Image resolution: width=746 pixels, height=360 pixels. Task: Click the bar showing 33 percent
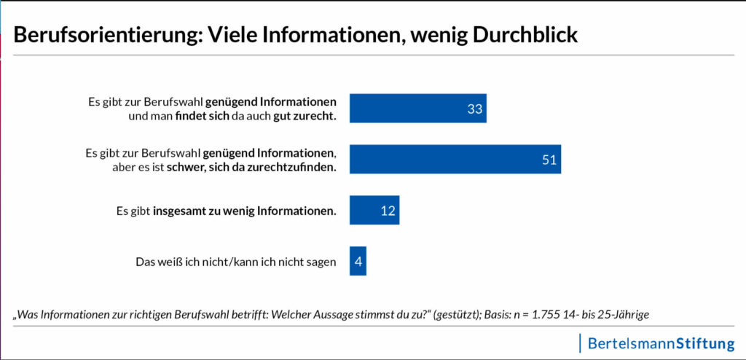[x=417, y=109]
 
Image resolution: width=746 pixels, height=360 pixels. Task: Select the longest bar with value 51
[x=455, y=160]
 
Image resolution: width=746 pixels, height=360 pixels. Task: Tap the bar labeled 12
[x=374, y=211]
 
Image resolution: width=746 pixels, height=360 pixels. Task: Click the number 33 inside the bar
[x=476, y=109]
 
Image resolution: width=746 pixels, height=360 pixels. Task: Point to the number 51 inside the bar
[x=550, y=160]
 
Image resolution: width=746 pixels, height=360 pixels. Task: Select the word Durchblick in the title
[x=516, y=35]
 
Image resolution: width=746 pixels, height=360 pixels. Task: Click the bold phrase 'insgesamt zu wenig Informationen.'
[x=245, y=211]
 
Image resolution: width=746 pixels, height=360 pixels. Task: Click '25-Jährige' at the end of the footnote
[x=623, y=315]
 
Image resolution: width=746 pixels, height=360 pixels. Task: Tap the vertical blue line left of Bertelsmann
[x=581, y=343]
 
